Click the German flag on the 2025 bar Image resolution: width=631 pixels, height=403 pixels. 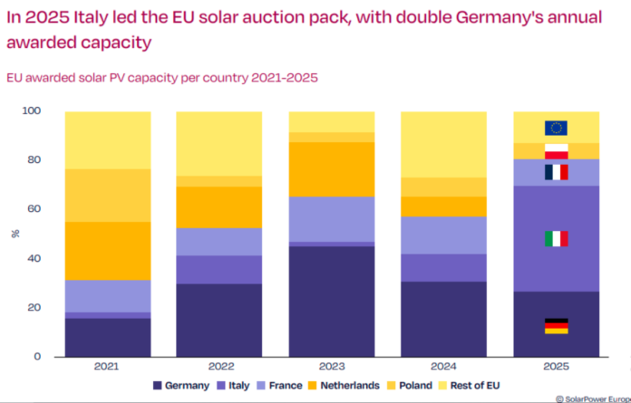(556, 326)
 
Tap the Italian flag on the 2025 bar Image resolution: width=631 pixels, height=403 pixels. (556, 239)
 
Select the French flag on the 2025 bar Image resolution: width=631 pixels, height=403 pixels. (556, 172)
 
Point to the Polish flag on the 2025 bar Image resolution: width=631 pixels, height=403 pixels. (556, 151)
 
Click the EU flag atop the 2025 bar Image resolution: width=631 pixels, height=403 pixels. (556, 128)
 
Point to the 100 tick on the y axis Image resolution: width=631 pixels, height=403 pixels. (33, 111)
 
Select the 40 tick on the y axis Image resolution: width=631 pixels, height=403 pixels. (35, 259)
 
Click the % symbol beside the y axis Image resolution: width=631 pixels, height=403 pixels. (15, 234)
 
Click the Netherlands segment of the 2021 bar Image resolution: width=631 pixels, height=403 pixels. (108, 251)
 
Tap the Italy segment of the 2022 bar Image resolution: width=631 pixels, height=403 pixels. (219, 270)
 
